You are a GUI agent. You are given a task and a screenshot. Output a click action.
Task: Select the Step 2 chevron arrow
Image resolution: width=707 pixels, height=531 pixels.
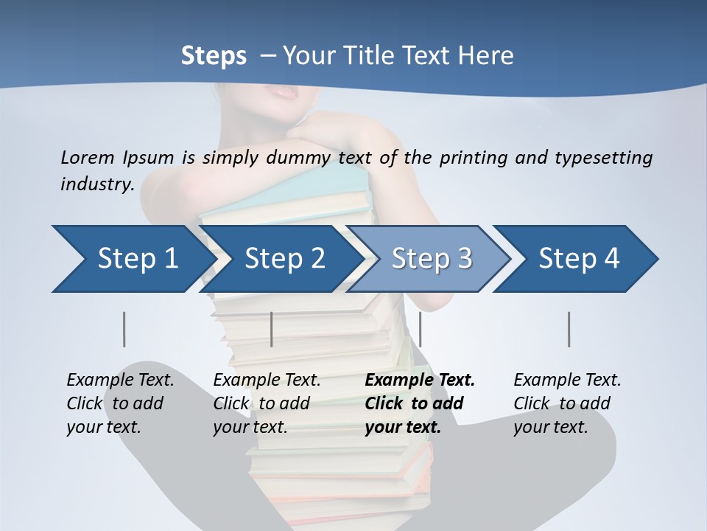[284, 259]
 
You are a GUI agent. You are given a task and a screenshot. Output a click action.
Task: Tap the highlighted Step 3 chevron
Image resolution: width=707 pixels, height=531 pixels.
[432, 259]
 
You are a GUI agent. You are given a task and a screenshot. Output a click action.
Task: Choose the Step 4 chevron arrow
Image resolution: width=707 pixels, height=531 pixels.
[579, 259]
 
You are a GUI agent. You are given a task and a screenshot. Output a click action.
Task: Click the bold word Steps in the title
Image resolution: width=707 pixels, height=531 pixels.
[214, 55]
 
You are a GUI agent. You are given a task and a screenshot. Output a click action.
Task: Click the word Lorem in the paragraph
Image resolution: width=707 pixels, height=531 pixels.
[88, 157]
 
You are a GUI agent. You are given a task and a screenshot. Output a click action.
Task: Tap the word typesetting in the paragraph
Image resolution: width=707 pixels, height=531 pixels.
[603, 157]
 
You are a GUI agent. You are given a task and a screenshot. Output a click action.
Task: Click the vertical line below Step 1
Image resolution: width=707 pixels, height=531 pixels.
[124, 329]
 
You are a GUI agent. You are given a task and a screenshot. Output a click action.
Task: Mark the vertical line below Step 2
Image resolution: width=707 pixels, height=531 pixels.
[272, 329]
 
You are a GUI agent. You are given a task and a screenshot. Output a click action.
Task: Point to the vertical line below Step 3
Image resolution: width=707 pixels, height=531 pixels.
[420, 329]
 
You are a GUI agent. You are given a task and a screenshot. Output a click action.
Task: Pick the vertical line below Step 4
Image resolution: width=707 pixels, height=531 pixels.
[569, 329]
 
